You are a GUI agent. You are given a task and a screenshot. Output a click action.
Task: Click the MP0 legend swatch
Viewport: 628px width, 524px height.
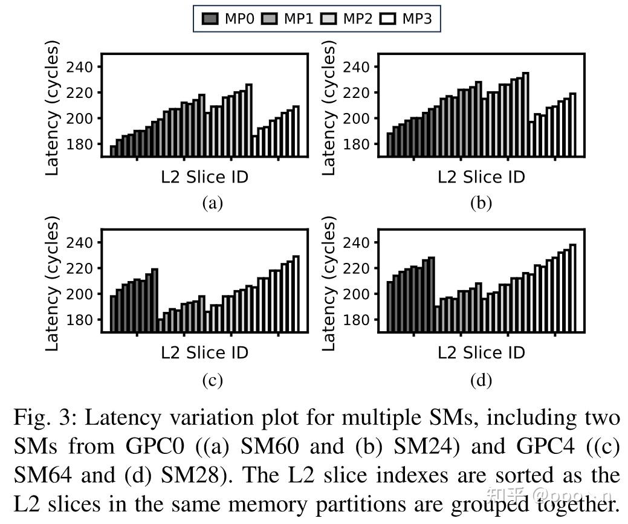point(211,19)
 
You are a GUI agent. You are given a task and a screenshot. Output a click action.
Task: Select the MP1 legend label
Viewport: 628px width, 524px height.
point(299,19)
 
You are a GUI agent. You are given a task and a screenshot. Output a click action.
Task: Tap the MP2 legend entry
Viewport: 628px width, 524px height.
point(358,19)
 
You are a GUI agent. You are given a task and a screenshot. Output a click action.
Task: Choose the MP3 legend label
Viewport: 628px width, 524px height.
point(417,19)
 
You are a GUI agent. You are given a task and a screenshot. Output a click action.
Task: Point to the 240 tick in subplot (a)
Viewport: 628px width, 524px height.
point(80,66)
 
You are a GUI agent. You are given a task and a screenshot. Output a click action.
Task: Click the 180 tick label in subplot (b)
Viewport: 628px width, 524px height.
point(357,144)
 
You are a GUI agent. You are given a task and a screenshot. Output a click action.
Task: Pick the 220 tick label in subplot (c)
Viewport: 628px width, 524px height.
point(80,268)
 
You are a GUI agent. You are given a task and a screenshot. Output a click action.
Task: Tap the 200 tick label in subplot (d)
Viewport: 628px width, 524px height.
point(357,294)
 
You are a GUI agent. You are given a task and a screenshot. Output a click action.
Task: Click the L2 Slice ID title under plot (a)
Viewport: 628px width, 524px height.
point(205,176)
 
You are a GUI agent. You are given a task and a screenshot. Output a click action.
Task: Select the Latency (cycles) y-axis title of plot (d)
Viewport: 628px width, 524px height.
point(329,284)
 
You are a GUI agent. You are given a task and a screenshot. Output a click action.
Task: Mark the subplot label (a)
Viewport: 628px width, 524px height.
point(212,203)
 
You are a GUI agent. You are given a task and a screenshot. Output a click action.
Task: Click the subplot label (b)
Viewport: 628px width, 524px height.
point(481,203)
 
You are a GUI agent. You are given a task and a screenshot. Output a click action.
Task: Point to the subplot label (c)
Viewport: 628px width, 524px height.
point(212,380)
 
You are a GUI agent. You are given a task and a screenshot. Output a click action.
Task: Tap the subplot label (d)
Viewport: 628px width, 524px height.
point(481,380)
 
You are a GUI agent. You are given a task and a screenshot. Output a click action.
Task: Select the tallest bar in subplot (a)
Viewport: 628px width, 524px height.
point(249,121)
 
